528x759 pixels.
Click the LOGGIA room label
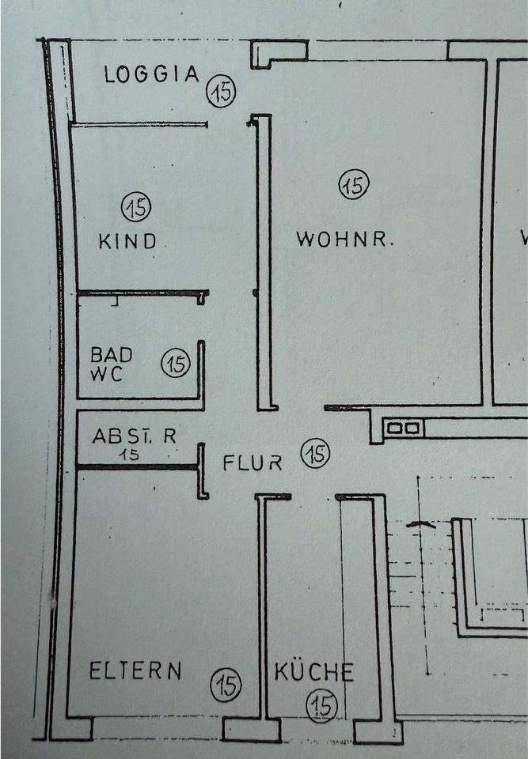click(152, 75)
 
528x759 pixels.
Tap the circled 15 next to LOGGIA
click(222, 92)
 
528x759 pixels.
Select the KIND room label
click(127, 241)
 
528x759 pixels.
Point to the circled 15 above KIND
click(137, 208)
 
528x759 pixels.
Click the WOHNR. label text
click(344, 239)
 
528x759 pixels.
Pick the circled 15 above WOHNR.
click(354, 186)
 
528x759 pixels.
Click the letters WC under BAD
click(107, 374)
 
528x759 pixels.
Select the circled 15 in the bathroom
click(176, 364)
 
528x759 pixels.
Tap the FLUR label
click(253, 463)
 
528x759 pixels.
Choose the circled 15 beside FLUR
click(316, 455)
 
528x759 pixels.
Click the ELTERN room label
click(135, 672)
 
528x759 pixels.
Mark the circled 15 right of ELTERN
click(227, 684)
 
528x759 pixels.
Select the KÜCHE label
click(314, 674)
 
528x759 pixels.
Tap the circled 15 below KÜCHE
click(323, 704)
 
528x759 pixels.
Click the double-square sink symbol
click(404, 429)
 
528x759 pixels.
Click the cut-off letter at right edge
click(523, 237)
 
